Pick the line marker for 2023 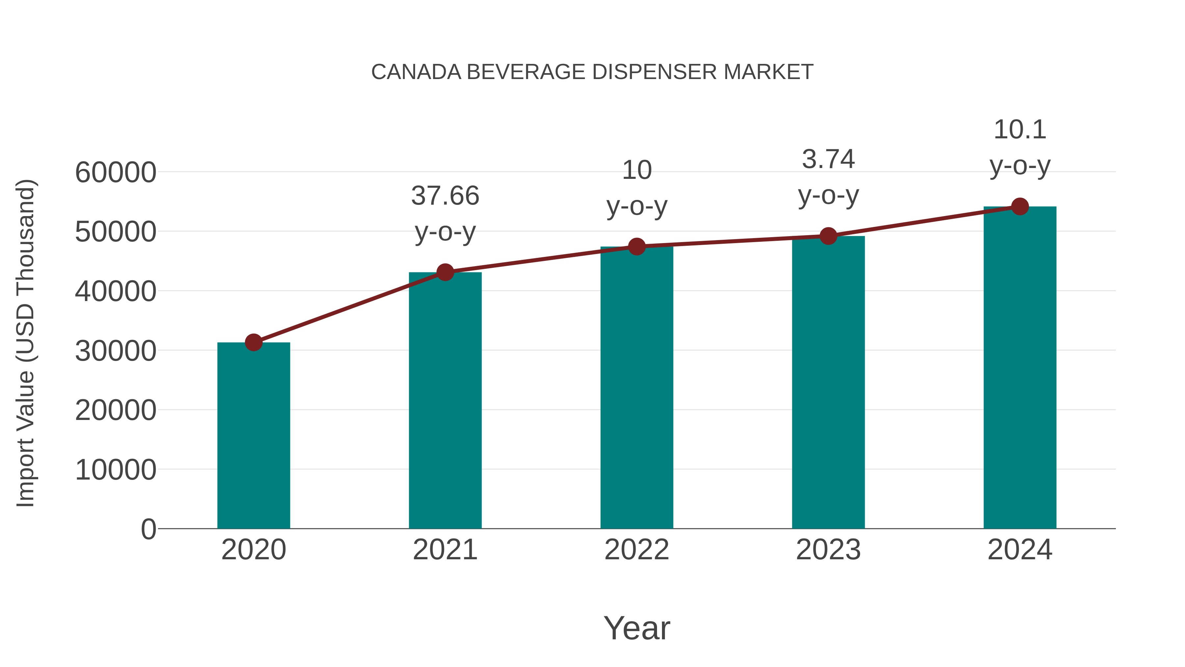pyautogui.click(x=828, y=236)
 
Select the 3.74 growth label pyautogui.click(x=828, y=159)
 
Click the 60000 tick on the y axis pyautogui.click(x=116, y=173)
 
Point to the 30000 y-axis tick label pyautogui.click(x=116, y=351)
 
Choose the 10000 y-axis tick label pyautogui.click(x=116, y=470)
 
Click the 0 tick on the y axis pyautogui.click(x=148, y=529)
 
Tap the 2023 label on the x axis pyautogui.click(x=828, y=550)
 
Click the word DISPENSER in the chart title pyautogui.click(x=655, y=72)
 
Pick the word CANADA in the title pyautogui.click(x=416, y=72)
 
